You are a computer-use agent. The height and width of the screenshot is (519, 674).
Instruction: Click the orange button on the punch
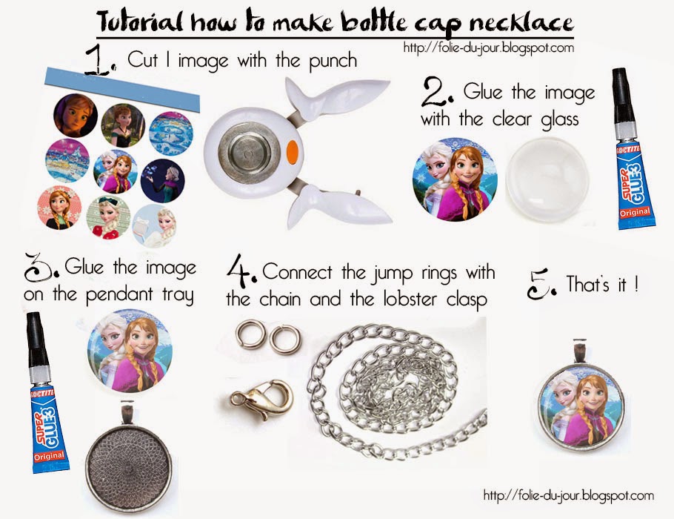tap(293, 152)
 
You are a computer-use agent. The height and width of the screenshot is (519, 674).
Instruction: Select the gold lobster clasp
tap(261, 399)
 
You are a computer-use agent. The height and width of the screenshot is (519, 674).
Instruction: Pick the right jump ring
tap(285, 339)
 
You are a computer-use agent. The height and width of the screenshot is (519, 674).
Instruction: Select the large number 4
tap(241, 271)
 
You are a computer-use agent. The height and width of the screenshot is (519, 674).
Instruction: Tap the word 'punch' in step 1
tap(333, 61)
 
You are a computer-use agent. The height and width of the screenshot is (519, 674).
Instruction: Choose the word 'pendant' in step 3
tap(119, 295)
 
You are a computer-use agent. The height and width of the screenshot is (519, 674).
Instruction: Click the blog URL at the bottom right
tap(569, 496)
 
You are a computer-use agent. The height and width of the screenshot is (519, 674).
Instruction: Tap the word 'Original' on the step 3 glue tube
tap(49, 456)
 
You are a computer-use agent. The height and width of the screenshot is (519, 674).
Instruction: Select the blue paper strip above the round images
tap(122, 90)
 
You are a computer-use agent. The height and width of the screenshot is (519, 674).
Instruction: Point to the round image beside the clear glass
tap(455, 179)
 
